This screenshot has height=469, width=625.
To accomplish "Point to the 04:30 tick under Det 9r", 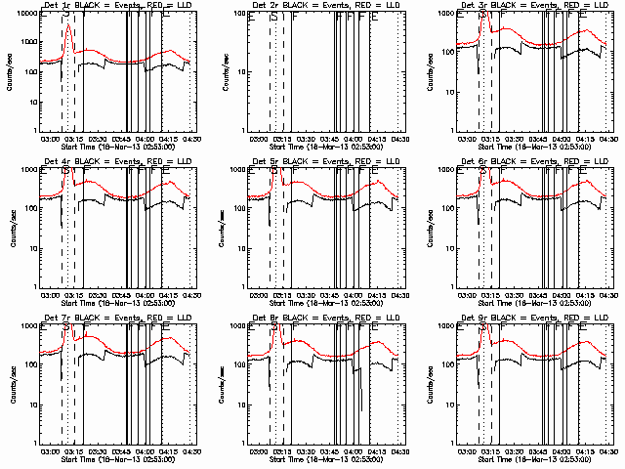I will coord(608,452).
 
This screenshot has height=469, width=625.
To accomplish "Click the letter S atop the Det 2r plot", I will coord(275,16).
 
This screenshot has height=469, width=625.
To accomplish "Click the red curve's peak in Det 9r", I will coord(485,326).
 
